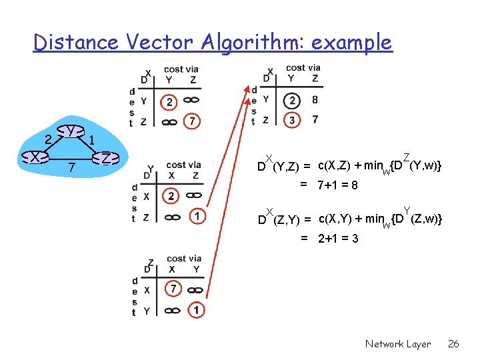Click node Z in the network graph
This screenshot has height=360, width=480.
pyautogui.click(x=105, y=158)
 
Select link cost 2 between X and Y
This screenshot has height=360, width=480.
pyautogui.click(x=47, y=139)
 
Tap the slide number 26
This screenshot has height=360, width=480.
pyautogui.click(x=453, y=344)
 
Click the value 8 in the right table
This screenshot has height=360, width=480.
pyautogui.click(x=315, y=101)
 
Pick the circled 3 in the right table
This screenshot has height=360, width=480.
pyautogui.click(x=291, y=120)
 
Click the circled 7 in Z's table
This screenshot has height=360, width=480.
pyautogui.click(x=173, y=289)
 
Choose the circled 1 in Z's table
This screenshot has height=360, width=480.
pyautogui.click(x=196, y=310)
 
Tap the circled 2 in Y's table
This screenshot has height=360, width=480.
pyautogui.click(x=171, y=196)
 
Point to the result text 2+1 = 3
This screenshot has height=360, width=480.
pyautogui.click(x=338, y=238)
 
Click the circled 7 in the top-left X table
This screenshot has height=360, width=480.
pyautogui.click(x=192, y=121)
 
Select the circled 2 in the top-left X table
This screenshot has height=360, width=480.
pyautogui.click(x=170, y=102)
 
